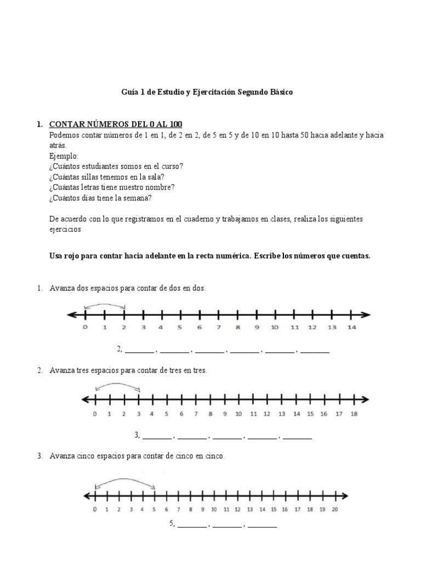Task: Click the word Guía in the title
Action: pos(129,92)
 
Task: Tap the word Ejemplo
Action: pos(64,156)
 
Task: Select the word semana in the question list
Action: pos(139,198)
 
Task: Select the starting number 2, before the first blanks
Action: pos(119,349)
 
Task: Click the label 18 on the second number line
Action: pos(354,414)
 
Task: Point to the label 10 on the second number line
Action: pos(238,414)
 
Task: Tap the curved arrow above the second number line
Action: pos(117,386)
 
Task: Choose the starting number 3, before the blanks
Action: pos(137,436)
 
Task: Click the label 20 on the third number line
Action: pos(335,509)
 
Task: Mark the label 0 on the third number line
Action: pos(95,509)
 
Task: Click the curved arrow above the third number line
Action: pos(126,481)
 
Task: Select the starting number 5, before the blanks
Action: pos(172,524)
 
